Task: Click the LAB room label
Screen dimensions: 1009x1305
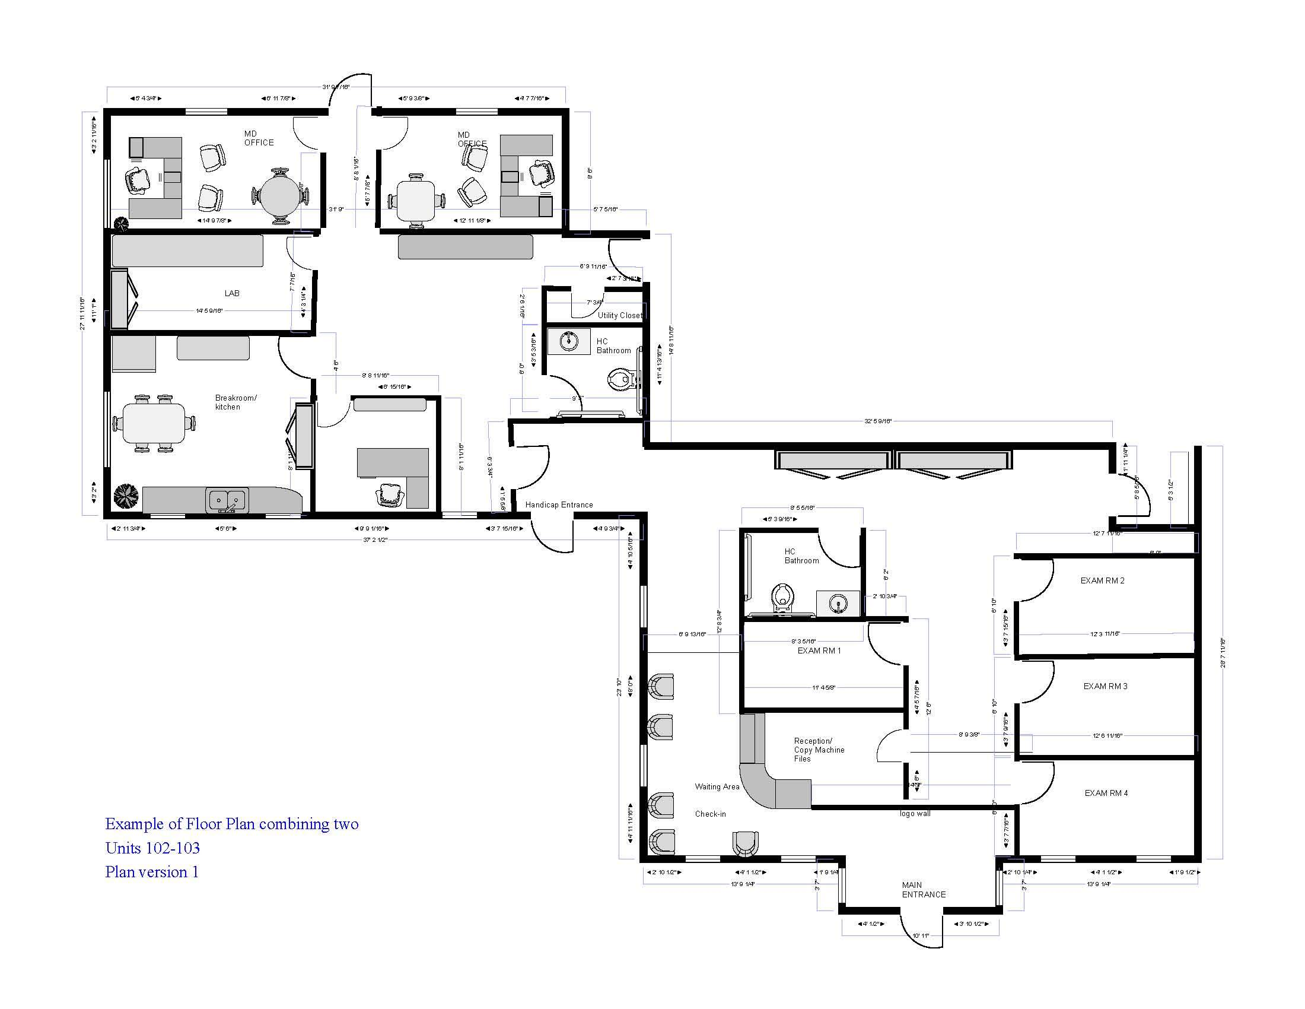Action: (232, 293)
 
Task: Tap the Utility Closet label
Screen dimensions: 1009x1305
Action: (620, 315)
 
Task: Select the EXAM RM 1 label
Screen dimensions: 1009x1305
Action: (819, 651)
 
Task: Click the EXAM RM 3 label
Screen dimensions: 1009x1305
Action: (1105, 686)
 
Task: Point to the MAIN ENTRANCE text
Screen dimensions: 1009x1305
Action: (923, 890)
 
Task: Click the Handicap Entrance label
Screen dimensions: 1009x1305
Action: (559, 504)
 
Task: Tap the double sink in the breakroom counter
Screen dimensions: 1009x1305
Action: (227, 500)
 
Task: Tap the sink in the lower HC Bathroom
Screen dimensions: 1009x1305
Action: (838, 604)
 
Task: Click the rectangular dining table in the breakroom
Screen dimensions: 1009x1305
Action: (154, 423)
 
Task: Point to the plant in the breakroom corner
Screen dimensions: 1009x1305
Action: (126, 496)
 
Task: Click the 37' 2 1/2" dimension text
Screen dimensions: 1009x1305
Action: (375, 539)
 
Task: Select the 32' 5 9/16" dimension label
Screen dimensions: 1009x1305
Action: (878, 421)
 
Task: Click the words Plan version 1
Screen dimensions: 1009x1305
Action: (152, 871)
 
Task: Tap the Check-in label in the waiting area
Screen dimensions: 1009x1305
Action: (710, 814)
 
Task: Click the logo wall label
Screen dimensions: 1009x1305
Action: (915, 814)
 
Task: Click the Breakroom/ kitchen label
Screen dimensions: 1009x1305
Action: (235, 402)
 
